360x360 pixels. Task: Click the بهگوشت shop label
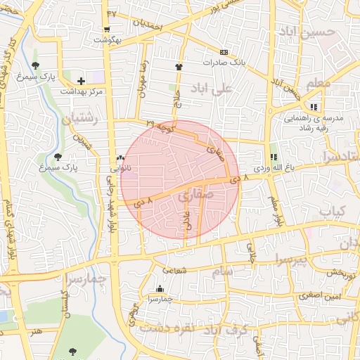pos(107,40)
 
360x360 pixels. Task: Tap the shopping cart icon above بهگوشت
pos(106,30)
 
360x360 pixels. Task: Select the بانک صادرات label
pos(223,63)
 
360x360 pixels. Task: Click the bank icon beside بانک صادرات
pos(224,52)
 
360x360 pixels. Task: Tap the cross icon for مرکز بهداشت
pos(82,81)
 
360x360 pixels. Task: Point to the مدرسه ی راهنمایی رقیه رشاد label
pos(313,124)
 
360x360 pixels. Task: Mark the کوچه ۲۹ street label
pos(160,124)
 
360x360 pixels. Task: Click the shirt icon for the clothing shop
pos(179,67)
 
